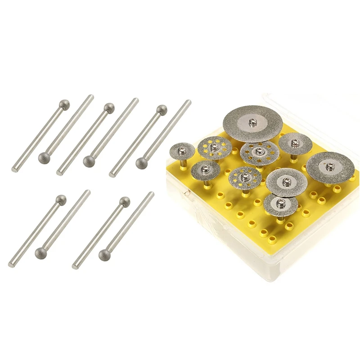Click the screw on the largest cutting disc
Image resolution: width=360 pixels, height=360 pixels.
252,120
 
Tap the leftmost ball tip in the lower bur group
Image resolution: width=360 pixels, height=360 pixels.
41,253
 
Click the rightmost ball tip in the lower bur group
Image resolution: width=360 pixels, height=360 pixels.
125,202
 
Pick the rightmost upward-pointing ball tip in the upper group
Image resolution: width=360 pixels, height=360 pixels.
162,110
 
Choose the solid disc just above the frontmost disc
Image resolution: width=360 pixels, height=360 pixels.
287,181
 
